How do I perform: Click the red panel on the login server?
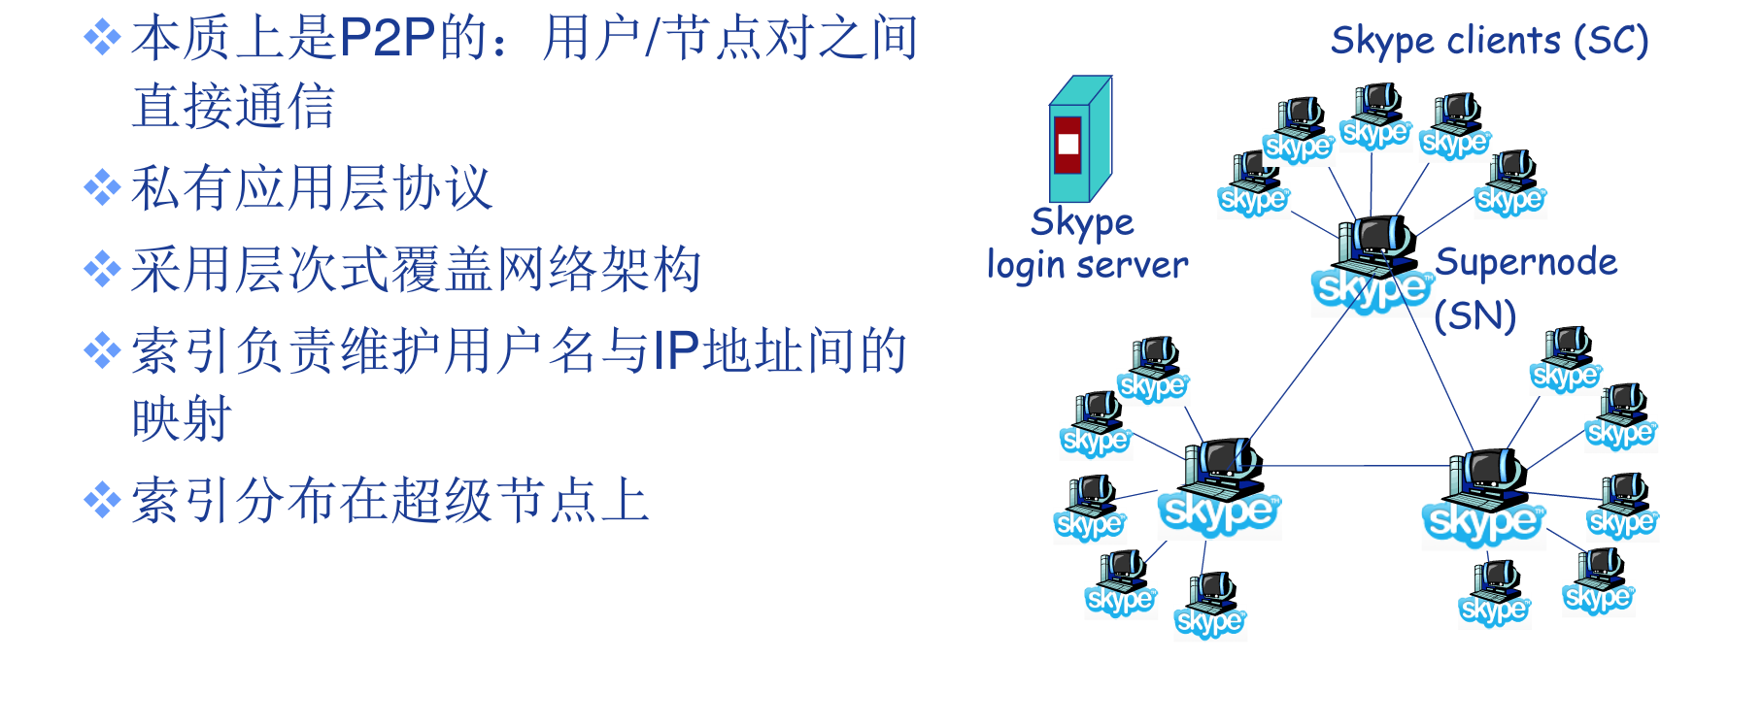[x=1067, y=145]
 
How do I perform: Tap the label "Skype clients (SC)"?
[x=1489, y=41]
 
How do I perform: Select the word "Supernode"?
[x=1526, y=262]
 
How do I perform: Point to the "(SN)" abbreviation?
[x=1474, y=315]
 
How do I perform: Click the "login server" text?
[x=1087, y=265]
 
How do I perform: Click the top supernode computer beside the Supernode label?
[x=1373, y=262]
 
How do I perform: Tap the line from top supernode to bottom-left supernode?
[x=1302, y=374]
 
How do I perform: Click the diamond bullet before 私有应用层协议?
[x=102, y=187]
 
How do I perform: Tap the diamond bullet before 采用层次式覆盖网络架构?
[x=102, y=269]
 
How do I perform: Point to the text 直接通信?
[x=233, y=106]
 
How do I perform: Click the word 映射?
[x=182, y=419]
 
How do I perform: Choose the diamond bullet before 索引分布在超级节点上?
[x=102, y=501]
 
